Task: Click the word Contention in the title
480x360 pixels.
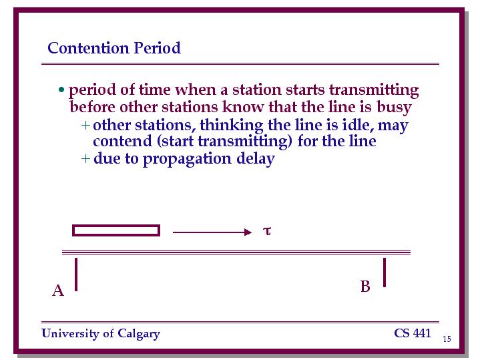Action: [x=88, y=48]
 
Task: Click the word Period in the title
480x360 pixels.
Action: [x=158, y=48]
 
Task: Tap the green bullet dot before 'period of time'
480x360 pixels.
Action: [x=61, y=89]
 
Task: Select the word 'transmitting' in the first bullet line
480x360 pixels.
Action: [x=374, y=90]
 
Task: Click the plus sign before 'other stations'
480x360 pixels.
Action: [x=85, y=126]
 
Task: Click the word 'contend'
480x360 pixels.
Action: [x=122, y=141]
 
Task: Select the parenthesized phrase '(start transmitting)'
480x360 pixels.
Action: [x=225, y=142]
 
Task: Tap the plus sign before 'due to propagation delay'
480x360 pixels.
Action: [x=85, y=159]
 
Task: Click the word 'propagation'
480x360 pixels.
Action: [x=187, y=160]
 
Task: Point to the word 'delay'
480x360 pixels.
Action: [x=255, y=160]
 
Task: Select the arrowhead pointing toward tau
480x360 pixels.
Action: [x=248, y=232]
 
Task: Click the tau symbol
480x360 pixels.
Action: [x=267, y=230]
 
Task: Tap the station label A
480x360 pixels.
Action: [x=58, y=291]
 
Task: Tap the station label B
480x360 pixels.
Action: [x=365, y=287]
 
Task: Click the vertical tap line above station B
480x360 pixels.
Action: [x=385, y=273]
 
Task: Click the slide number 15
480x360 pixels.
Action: [x=447, y=339]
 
